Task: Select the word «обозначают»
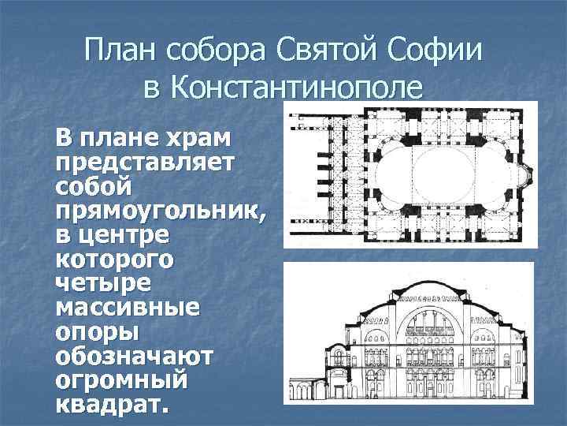tap(133, 356)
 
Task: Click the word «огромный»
tap(121, 380)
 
